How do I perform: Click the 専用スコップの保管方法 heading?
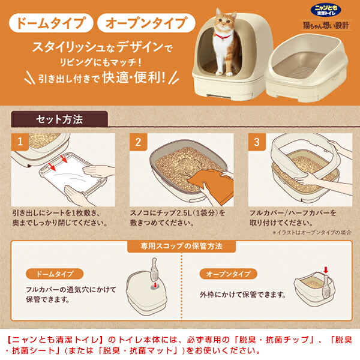pyautogui.click(x=180, y=246)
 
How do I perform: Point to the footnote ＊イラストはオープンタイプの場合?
pyautogui.click(x=312, y=232)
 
